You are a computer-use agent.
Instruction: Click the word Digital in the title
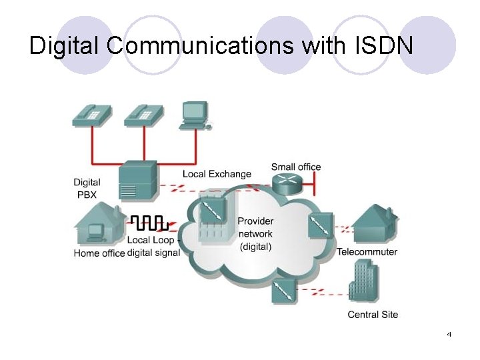[x=65, y=46]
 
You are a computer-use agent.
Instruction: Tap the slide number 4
[x=449, y=333]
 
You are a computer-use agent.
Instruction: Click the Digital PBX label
[x=87, y=187]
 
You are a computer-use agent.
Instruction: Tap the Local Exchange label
[x=217, y=174]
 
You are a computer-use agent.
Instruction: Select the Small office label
[x=295, y=167]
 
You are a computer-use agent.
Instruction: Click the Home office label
[x=99, y=253]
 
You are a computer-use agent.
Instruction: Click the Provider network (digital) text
[x=255, y=234]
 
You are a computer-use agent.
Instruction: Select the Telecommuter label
[x=367, y=252]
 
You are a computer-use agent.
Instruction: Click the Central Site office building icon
[x=363, y=281]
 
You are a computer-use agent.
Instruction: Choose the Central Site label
[x=372, y=314]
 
